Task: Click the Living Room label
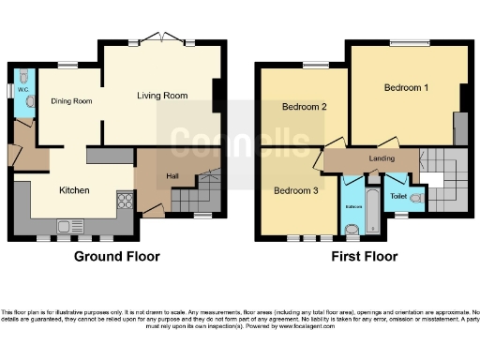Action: [162, 96]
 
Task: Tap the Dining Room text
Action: [71, 100]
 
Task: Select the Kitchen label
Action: [74, 190]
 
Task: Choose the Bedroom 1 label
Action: [407, 87]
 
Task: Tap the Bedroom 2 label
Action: [305, 107]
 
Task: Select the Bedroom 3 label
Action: [295, 191]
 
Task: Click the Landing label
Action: [382, 158]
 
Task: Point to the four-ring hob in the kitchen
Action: [124, 200]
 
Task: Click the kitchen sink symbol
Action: [67, 225]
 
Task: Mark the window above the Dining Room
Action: [67, 65]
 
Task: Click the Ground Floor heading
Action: [117, 256]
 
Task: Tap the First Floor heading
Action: [364, 256]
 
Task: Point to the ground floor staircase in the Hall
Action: [199, 193]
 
